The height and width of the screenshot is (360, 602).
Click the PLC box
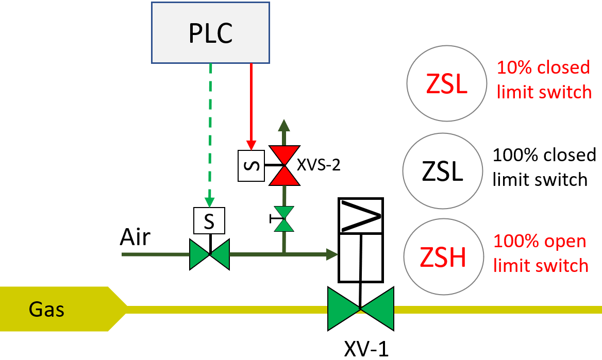point(210,32)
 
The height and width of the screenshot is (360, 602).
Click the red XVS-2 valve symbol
point(283,165)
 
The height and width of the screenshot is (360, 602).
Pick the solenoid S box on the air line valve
point(209,221)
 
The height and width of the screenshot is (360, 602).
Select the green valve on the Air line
point(209,254)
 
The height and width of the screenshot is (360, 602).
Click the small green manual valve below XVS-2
point(283,219)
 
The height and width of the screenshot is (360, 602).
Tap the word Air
point(135,238)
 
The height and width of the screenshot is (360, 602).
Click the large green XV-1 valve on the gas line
point(360,308)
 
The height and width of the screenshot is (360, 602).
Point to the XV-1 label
point(366,349)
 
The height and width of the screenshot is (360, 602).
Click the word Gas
point(47,310)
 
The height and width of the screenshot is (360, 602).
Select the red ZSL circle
point(447,84)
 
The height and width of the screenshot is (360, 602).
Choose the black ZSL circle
point(443,171)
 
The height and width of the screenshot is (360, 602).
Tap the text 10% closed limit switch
point(544,79)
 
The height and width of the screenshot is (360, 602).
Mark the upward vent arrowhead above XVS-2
point(283,125)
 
